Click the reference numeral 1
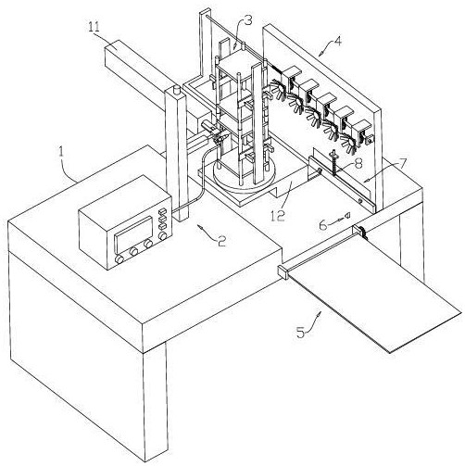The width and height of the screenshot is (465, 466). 62,154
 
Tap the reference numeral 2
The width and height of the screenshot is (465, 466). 221,241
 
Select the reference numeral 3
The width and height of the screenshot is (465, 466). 248,21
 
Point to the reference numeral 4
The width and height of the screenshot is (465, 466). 338,41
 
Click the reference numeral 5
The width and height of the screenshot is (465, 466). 301,333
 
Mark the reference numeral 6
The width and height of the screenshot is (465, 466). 323,225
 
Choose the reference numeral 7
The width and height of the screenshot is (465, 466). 402,165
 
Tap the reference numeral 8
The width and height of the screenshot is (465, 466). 358,164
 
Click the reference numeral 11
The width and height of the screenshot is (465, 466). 94,27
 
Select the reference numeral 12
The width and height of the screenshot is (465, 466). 278,216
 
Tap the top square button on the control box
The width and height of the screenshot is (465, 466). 162,212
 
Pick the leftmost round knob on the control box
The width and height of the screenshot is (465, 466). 119,259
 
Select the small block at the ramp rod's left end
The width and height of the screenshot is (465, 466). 283,272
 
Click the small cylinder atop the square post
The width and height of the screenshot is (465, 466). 177,90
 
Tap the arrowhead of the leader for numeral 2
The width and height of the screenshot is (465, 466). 199,228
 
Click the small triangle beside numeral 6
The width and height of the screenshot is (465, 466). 347,215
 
